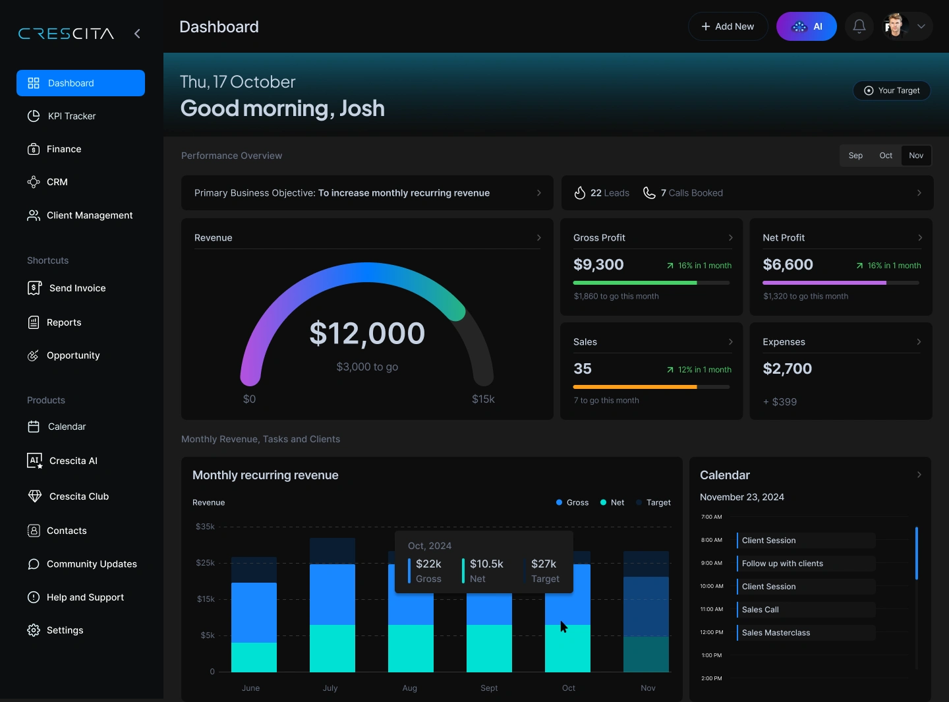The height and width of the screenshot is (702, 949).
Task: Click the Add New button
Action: [x=728, y=26]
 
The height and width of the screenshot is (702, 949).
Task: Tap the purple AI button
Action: [x=806, y=26]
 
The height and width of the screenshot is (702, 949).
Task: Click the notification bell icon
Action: [x=859, y=26]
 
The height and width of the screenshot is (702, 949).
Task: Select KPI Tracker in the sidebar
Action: [x=71, y=116]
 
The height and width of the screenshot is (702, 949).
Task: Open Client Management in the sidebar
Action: [x=89, y=216]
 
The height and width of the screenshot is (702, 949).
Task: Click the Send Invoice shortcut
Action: [x=76, y=288]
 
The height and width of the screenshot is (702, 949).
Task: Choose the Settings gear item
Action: [x=65, y=630]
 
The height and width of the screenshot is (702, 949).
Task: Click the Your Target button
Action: [x=892, y=90]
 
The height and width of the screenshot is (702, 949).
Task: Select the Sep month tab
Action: [x=855, y=156]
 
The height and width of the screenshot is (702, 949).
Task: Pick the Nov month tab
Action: [x=916, y=156]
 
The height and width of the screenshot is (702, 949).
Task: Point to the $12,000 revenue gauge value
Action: [x=367, y=334]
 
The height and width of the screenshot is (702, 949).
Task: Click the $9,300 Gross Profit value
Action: [x=598, y=265]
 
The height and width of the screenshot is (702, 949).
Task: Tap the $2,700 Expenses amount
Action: [x=787, y=369]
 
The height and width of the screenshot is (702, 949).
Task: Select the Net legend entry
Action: [x=617, y=502]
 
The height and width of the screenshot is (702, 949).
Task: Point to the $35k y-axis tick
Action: [x=205, y=527]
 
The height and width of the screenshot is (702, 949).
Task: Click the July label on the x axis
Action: [x=330, y=687]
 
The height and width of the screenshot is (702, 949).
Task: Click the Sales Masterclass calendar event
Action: [x=776, y=633]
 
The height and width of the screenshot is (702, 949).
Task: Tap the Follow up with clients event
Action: [x=782, y=564]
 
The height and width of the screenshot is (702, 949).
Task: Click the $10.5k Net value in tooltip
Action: [x=486, y=564]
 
